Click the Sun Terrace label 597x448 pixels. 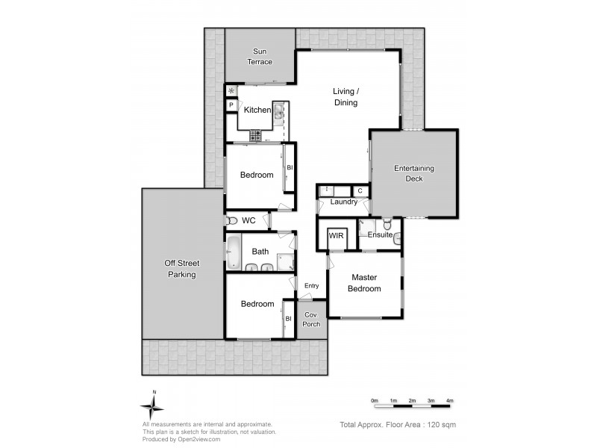click(x=260, y=57)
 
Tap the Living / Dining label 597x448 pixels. click(x=346, y=97)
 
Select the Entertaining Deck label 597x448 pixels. click(x=414, y=173)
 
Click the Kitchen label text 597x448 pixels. click(x=257, y=111)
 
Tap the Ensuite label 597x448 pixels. click(x=380, y=234)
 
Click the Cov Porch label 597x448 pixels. click(x=310, y=320)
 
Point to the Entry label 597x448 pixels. click(x=311, y=286)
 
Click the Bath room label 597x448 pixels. click(x=260, y=252)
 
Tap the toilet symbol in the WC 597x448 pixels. click(x=231, y=221)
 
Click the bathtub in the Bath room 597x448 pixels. click(x=234, y=252)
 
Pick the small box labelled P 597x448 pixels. click(x=231, y=106)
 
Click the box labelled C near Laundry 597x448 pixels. click(x=360, y=191)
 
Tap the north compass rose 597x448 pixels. click(x=153, y=407)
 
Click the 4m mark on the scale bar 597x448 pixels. click(x=450, y=402)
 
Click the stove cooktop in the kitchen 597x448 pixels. click(x=255, y=136)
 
